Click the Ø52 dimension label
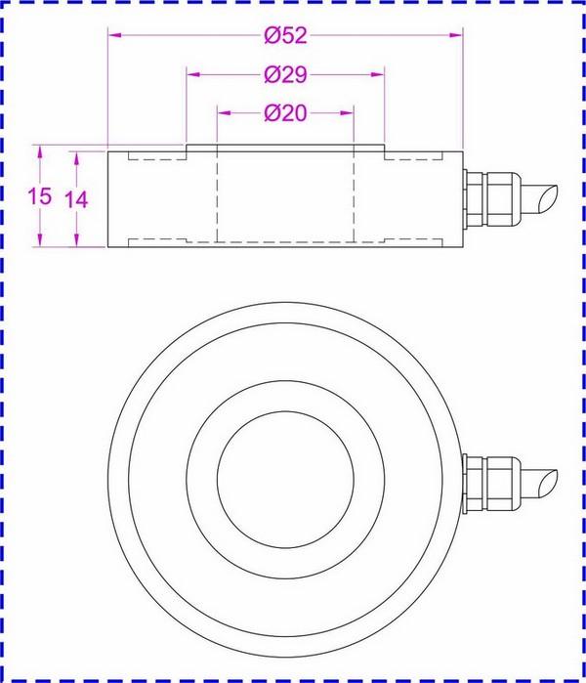(x=285, y=36)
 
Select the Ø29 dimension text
(x=285, y=74)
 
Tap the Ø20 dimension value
(x=285, y=113)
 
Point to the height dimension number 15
(x=39, y=196)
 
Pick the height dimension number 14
(x=76, y=198)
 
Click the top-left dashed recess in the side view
(x=146, y=159)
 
